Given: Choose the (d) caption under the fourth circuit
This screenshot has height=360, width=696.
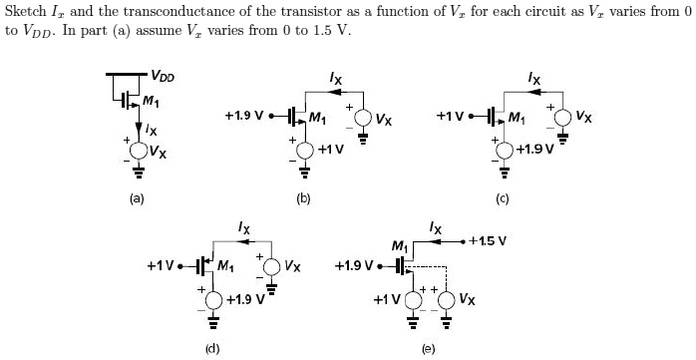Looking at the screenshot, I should [x=211, y=348].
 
